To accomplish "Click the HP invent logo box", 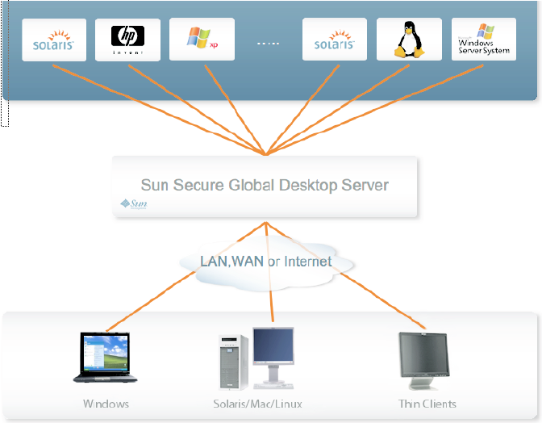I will click(127, 40).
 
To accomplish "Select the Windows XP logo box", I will click(202, 40).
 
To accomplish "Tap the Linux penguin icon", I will click(409, 40).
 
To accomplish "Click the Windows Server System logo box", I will click(483, 40).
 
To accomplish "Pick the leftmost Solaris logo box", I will click(54, 40).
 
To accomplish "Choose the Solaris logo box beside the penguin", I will click(335, 40).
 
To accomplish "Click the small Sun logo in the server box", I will click(133, 204).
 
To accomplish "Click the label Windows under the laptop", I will click(106, 404).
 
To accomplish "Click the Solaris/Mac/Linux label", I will click(258, 404).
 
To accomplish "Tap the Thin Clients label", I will click(427, 404).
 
